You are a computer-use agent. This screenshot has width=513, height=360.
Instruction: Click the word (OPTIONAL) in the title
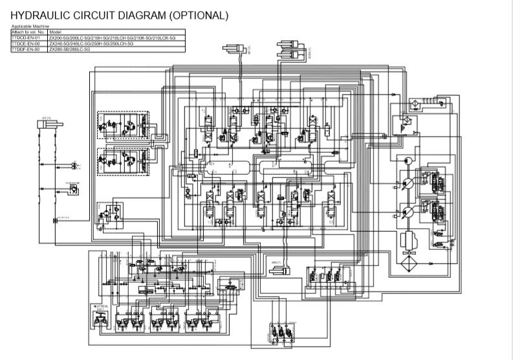pos(197,14)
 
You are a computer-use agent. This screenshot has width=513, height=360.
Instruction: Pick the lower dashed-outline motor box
pos(122,159)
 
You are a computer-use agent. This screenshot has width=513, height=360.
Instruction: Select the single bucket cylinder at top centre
pos(232,48)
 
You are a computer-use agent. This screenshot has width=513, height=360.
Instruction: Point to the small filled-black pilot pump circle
pos(409,159)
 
